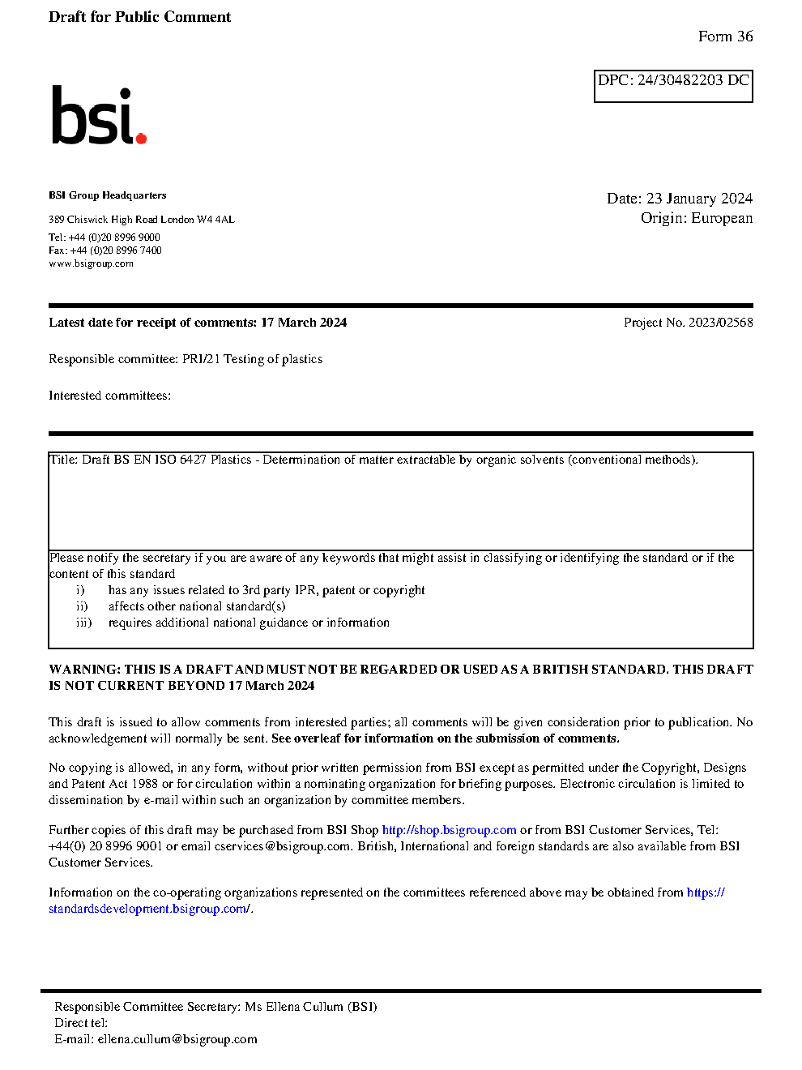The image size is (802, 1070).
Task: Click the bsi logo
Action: (97, 116)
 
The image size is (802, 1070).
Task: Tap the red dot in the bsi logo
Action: (142, 139)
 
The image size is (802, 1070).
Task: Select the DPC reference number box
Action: (673, 86)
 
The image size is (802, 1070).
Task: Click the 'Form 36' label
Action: (725, 36)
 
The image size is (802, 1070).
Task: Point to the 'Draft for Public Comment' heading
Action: (139, 17)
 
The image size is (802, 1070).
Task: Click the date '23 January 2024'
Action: (699, 199)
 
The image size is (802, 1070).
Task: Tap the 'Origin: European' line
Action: (696, 218)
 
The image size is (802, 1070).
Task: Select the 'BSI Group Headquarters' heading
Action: (108, 195)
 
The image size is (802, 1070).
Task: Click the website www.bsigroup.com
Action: (91, 263)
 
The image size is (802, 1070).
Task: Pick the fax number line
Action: (105, 250)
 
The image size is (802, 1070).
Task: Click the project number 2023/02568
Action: (720, 323)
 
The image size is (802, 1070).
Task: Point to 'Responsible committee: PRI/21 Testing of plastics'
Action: (186, 359)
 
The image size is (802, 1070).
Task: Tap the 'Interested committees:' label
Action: (109, 396)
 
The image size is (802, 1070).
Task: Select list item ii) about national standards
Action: (197, 606)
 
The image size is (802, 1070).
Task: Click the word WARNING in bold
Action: (84, 670)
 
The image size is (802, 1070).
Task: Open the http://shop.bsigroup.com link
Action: (449, 830)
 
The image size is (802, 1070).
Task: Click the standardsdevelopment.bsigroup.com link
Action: (149, 909)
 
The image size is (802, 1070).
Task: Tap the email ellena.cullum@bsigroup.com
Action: (177, 1039)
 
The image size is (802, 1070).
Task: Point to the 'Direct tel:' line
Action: (81, 1023)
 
